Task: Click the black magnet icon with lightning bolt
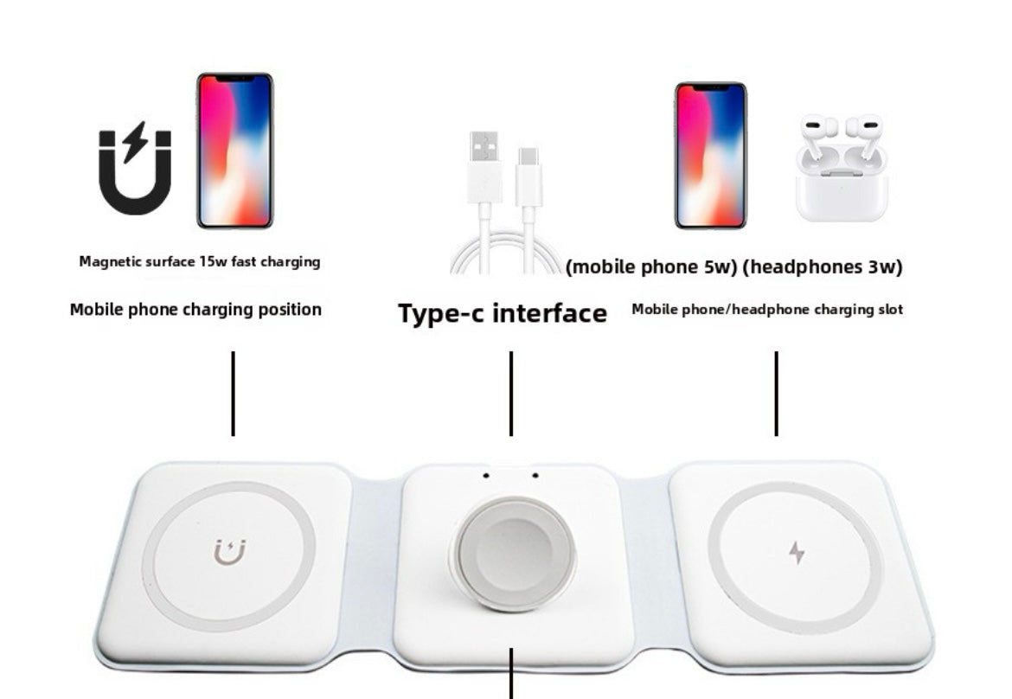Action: (x=135, y=170)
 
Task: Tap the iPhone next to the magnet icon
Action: (x=234, y=151)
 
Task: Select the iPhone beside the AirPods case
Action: (x=710, y=156)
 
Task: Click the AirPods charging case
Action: (x=841, y=169)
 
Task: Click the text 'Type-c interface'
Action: (x=502, y=313)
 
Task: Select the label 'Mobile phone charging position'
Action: (x=195, y=309)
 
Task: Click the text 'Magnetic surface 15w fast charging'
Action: (x=200, y=261)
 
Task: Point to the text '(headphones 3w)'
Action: (x=823, y=267)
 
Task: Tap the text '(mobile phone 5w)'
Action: (x=651, y=267)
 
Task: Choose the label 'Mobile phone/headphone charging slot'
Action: (x=767, y=309)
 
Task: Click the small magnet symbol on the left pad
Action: (x=229, y=552)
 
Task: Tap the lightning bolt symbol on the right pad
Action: (x=797, y=552)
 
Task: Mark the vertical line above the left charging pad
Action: (x=233, y=393)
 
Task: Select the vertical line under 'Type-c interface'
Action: (x=511, y=393)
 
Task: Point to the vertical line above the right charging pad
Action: (x=776, y=393)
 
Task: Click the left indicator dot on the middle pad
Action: (x=486, y=475)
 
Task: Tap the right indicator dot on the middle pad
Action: (x=535, y=475)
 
